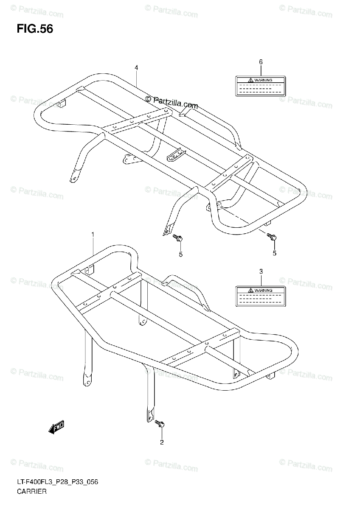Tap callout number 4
(x=136, y=67)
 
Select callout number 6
(x=261, y=62)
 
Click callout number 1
(x=93, y=234)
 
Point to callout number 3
(x=261, y=271)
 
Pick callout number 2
(x=161, y=443)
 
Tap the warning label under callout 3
(x=261, y=296)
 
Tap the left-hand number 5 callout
(x=180, y=254)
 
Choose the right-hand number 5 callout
(x=274, y=253)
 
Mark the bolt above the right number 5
(x=272, y=238)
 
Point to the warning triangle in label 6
(x=251, y=80)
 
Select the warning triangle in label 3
(x=251, y=290)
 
